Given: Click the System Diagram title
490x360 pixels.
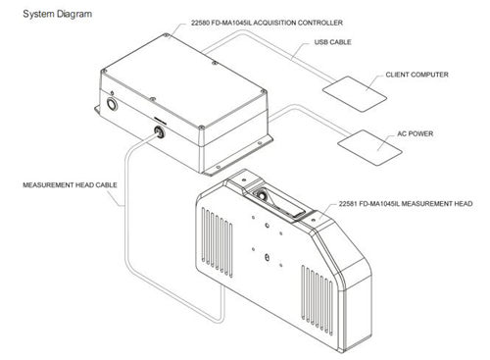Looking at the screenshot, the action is tap(58, 14).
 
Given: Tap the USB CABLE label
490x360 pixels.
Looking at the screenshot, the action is tap(332, 42).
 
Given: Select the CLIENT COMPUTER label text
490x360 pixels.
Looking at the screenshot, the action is tap(416, 75).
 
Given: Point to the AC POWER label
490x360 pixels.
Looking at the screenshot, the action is tap(415, 133).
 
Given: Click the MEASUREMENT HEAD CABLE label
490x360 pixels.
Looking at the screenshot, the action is tap(70, 185).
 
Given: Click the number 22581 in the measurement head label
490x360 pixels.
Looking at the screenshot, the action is tap(347, 204).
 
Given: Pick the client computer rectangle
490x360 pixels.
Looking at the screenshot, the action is tap(355, 94).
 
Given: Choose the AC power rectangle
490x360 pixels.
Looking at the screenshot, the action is tap(369, 147).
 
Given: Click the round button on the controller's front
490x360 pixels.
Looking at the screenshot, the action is tap(112, 105).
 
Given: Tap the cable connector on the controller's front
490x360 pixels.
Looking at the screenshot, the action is tap(160, 131).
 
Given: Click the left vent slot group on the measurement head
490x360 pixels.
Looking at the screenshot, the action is tap(218, 242).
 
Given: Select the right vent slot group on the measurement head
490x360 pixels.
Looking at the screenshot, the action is tap(318, 300).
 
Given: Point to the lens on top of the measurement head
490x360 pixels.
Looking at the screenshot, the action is tap(262, 196).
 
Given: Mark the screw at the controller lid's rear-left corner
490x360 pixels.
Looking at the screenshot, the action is tap(166, 35).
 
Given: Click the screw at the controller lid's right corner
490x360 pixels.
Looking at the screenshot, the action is tap(263, 92).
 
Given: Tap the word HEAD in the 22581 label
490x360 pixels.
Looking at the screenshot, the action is tap(464, 204).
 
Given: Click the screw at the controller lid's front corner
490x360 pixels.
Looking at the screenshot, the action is tap(202, 128).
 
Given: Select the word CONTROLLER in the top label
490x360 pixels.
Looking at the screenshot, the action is tap(320, 23).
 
